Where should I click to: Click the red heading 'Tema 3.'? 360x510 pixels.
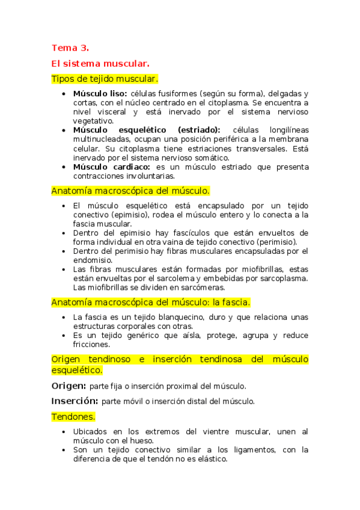click(x=70, y=48)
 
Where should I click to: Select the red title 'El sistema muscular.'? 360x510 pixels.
click(x=100, y=63)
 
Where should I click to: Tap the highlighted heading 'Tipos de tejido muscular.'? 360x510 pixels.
click(x=105, y=79)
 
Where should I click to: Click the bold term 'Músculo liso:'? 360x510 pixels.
click(x=100, y=94)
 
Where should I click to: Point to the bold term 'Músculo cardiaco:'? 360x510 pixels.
click(x=112, y=167)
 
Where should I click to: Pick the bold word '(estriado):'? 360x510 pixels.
click(x=199, y=131)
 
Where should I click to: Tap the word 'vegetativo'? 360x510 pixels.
click(x=93, y=121)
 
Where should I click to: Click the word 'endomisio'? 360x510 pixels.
click(x=92, y=260)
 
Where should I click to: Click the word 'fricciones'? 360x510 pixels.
click(x=91, y=345)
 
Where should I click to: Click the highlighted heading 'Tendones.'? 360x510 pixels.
click(x=73, y=416)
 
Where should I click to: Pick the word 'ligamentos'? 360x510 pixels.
click(x=224, y=450)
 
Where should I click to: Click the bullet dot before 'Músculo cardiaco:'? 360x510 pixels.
click(x=64, y=167)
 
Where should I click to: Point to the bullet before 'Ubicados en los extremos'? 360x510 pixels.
click(x=64, y=432)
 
